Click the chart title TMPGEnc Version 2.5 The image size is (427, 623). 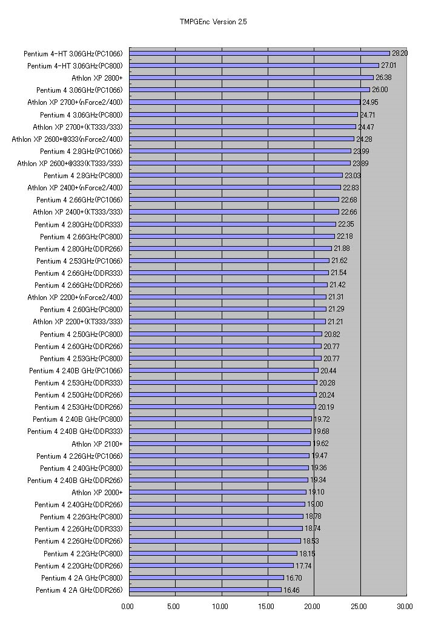(213, 22)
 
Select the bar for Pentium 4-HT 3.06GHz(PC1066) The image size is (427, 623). (259, 53)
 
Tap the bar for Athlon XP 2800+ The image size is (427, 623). (251, 78)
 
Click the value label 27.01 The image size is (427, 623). (388, 65)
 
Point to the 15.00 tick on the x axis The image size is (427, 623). (267, 605)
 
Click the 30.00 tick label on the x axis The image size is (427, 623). (405, 605)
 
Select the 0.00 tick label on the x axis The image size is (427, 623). (128, 605)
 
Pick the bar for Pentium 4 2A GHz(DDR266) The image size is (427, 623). (205, 590)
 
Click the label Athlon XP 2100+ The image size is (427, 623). (97, 444)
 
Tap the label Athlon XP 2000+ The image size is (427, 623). (97, 492)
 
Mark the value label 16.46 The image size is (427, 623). (291, 590)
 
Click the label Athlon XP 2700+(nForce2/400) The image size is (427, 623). (74, 102)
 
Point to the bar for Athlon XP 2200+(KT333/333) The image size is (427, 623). (227, 321)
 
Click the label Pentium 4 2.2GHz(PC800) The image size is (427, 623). (83, 553)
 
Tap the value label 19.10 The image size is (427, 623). (316, 492)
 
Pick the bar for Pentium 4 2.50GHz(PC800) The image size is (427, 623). (225, 334)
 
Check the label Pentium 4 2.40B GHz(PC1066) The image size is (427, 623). (76, 370)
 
